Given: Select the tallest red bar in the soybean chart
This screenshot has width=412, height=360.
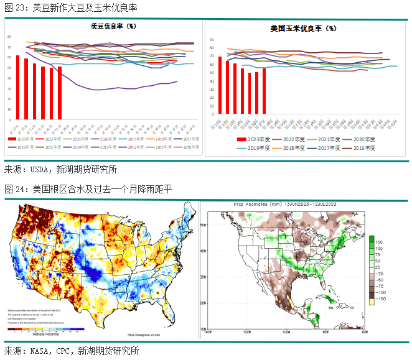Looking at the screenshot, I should (x=18, y=87).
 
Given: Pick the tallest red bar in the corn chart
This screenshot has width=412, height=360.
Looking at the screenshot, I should (x=220, y=88).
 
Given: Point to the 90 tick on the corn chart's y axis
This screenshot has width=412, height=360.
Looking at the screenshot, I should (x=212, y=39).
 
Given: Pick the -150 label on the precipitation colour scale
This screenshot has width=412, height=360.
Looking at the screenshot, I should (x=381, y=299).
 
